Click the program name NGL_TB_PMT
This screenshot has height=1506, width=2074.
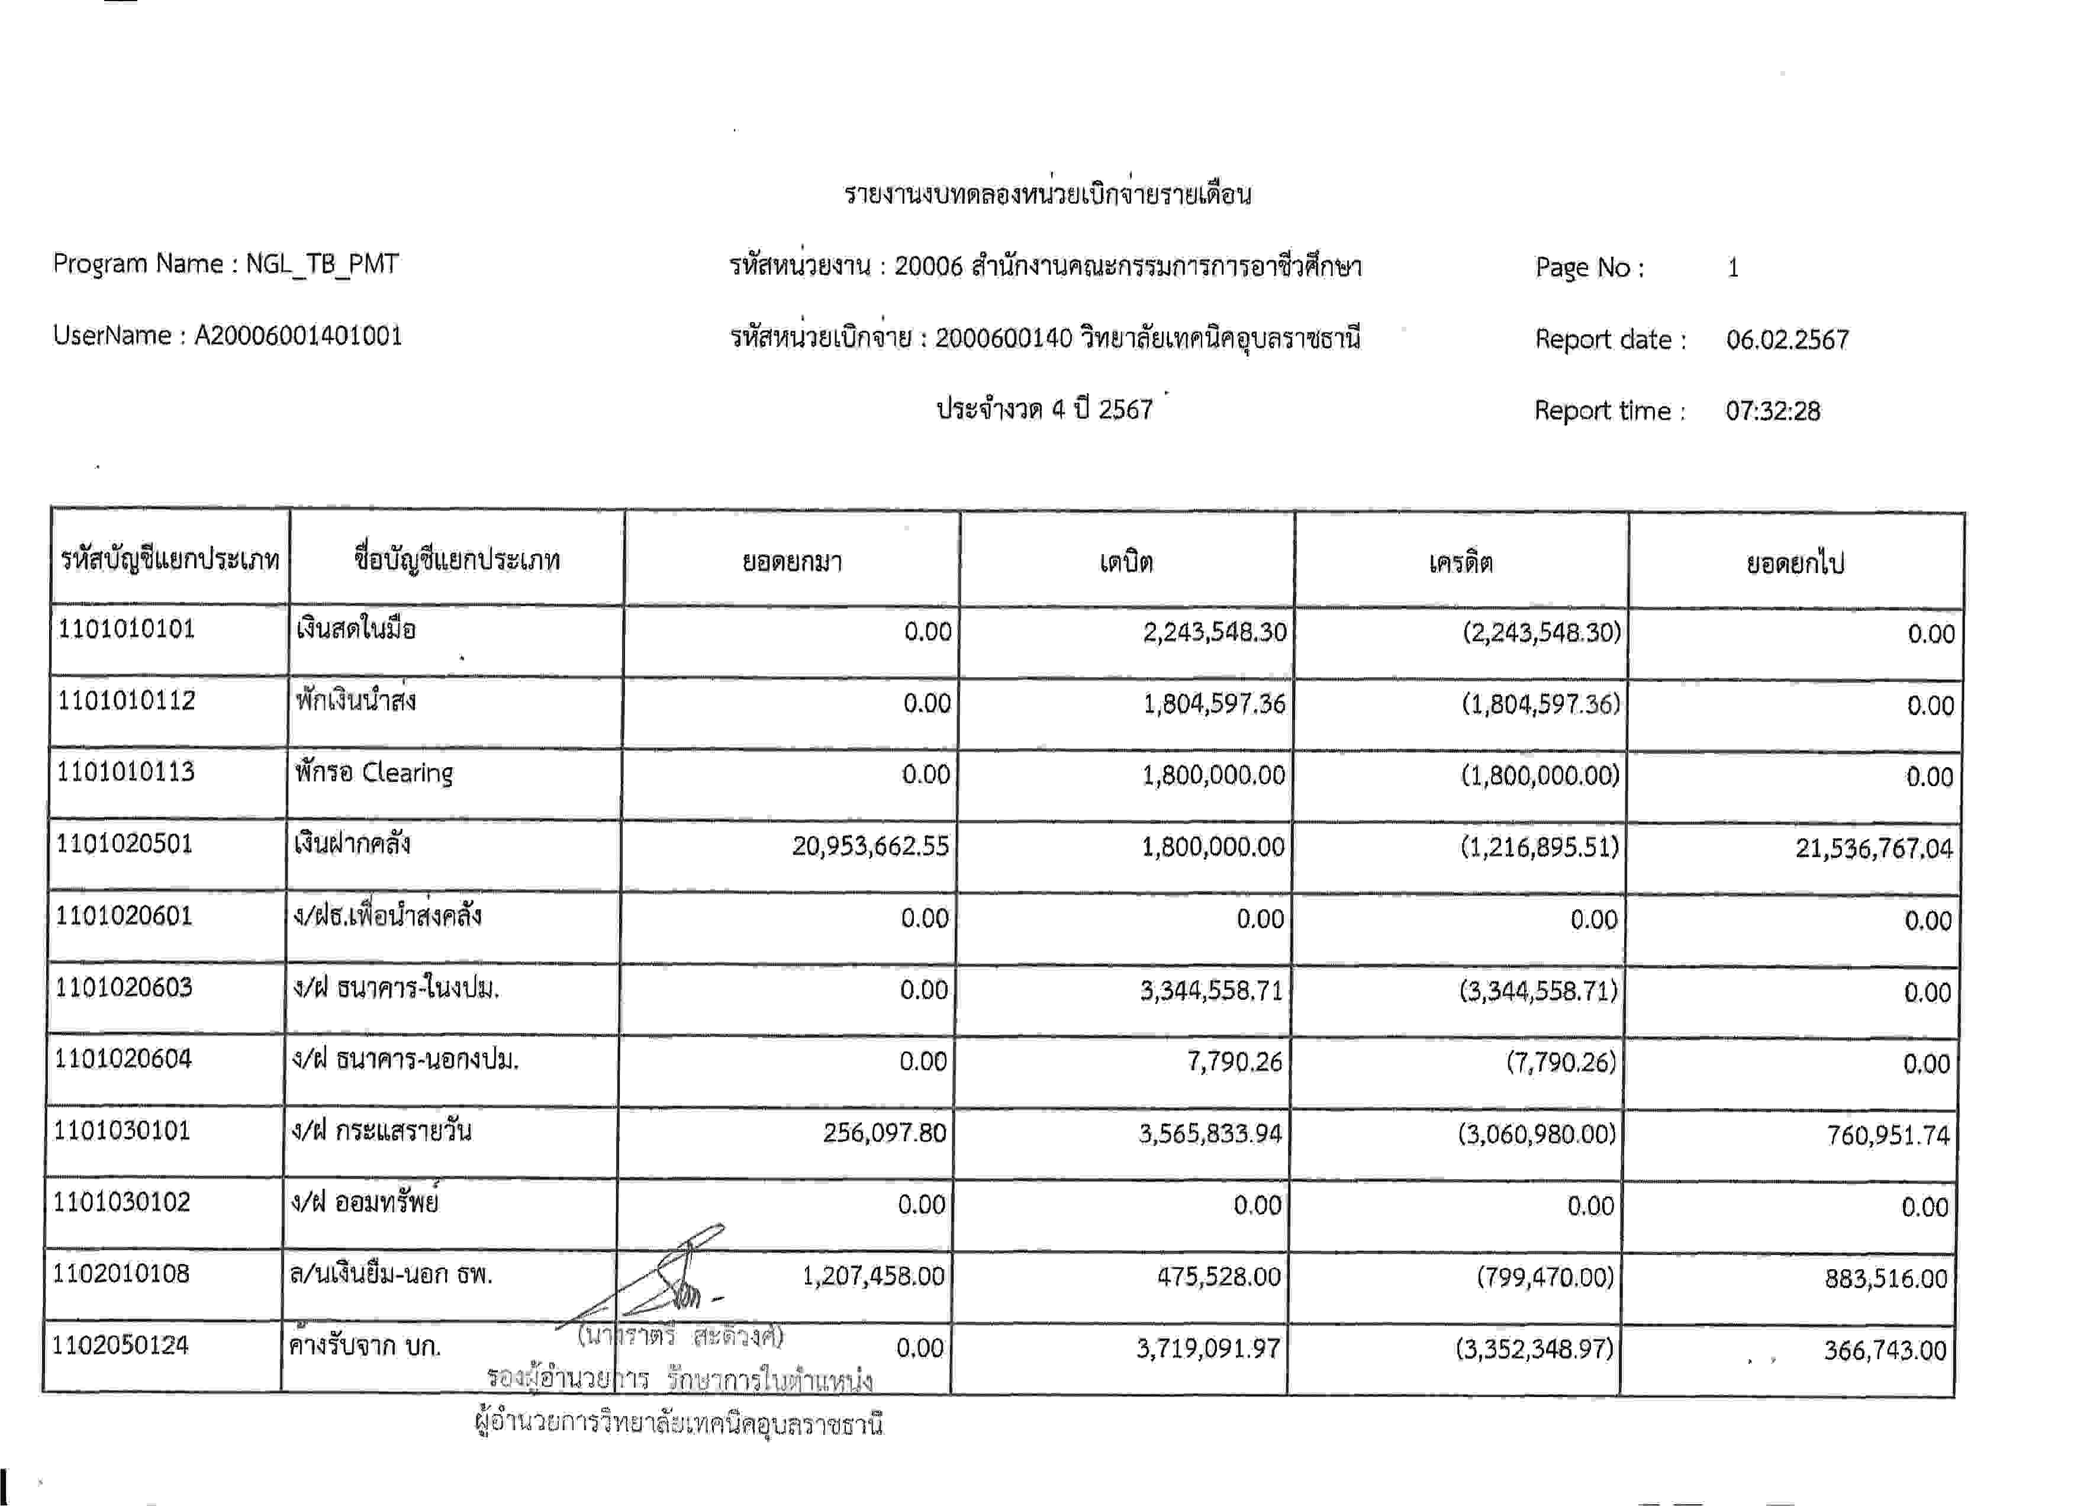pyautogui.click(x=322, y=264)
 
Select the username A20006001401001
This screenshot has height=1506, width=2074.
pyautogui.click(x=298, y=336)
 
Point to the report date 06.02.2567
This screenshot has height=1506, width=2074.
pyautogui.click(x=1787, y=340)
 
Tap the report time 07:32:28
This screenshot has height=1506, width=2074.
pyautogui.click(x=1772, y=411)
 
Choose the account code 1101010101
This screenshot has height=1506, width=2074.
pyautogui.click(x=126, y=629)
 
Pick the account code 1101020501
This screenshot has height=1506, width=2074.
pyautogui.click(x=124, y=843)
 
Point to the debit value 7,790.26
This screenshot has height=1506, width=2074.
pyautogui.click(x=1235, y=1061)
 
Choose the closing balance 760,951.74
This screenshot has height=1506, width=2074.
pyautogui.click(x=1888, y=1135)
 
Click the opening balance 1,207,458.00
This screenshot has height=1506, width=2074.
pyautogui.click(x=872, y=1276)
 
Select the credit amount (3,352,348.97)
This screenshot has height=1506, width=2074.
pyautogui.click(x=1534, y=1350)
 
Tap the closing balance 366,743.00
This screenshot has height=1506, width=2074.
pyautogui.click(x=1885, y=1351)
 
